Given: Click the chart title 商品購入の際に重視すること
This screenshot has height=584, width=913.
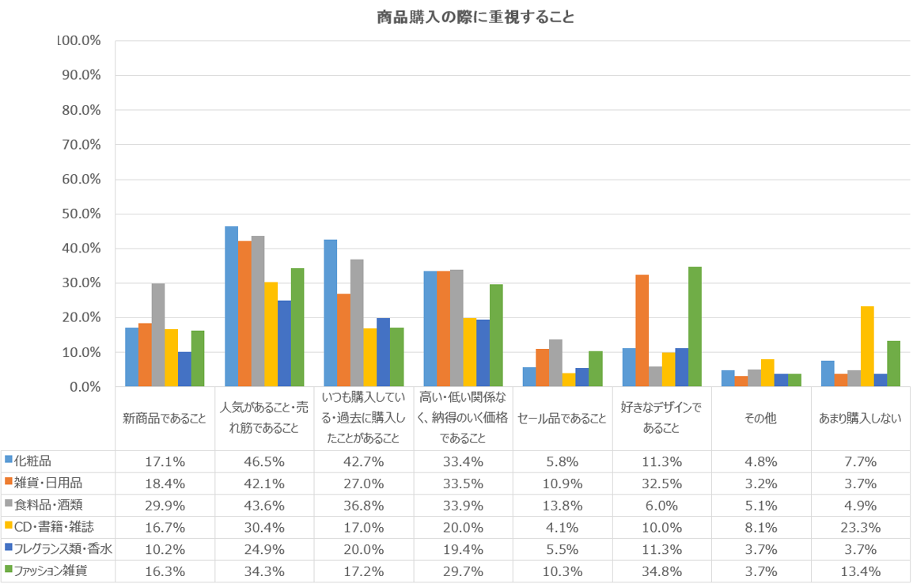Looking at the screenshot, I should (x=475, y=17).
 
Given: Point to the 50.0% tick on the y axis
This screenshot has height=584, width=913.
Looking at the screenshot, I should (x=79, y=214).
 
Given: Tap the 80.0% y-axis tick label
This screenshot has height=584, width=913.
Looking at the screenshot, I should (x=79, y=110).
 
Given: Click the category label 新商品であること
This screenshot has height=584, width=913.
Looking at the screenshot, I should (x=165, y=419).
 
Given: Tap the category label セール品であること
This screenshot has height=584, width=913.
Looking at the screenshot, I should (x=563, y=419).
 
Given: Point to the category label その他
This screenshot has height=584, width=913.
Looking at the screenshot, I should (x=761, y=419).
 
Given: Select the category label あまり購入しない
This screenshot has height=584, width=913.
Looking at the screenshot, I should (x=860, y=419).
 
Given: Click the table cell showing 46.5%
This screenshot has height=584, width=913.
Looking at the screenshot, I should (x=264, y=460).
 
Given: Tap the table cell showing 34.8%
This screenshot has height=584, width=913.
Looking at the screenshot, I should (x=661, y=570).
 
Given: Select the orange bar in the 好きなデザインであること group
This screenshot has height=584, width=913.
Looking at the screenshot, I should (x=642, y=331).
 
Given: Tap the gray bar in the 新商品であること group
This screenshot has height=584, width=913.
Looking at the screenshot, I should (x=158, y=335).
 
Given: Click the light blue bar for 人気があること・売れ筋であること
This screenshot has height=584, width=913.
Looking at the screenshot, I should (x=231, y=306).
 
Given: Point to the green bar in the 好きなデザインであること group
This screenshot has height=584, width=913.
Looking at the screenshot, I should (x=695, y=327).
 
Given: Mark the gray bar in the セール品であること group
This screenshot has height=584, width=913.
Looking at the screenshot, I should (x=555, y=363).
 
